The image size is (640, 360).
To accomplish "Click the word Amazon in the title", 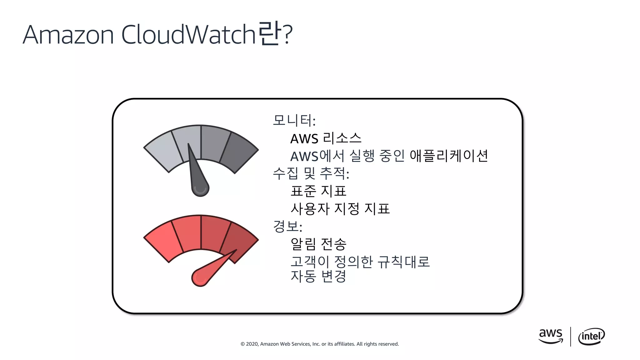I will [x=68, y=35].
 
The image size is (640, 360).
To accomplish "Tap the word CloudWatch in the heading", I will [x=189, y=34].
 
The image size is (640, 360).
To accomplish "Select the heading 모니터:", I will [x=294, y=120].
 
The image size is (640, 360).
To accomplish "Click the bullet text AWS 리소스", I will [x=326, y=138].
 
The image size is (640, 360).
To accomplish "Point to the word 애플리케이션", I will [x=448, y=156].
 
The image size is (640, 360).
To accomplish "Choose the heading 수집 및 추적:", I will [x=311, y=173].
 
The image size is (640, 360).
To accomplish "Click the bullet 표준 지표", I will [x=318, y=191].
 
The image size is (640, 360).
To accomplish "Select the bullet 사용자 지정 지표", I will [x=340, y=209].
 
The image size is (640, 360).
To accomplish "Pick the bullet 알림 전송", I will [x=318, y=244].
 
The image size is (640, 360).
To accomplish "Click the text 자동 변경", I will [x=318, y=276].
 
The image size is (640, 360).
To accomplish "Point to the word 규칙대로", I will [x=403, y=262].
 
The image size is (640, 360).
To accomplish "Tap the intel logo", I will [x=591, y=336].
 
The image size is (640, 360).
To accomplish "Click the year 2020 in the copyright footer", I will [x=252, y=344].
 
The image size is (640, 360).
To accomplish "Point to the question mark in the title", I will [x=287, y=35].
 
